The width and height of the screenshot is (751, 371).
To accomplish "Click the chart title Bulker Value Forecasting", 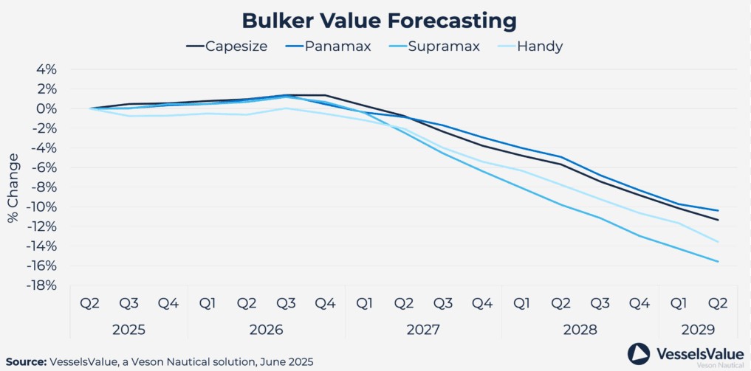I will (375, 20).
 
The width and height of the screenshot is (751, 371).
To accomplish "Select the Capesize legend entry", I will (226, 46).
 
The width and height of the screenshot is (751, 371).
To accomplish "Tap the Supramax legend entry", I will (436, 46).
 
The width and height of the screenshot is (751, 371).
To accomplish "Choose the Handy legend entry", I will (530, 46).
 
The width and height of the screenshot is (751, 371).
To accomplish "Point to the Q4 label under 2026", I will (325, 303).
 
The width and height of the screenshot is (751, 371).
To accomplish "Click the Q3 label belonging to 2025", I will (129, 303).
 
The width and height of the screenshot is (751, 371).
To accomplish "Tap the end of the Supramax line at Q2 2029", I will (718, 261).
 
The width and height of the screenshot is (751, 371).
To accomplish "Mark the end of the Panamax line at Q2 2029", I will (718, 211).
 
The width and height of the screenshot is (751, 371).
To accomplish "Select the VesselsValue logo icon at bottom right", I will (638, 353).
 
